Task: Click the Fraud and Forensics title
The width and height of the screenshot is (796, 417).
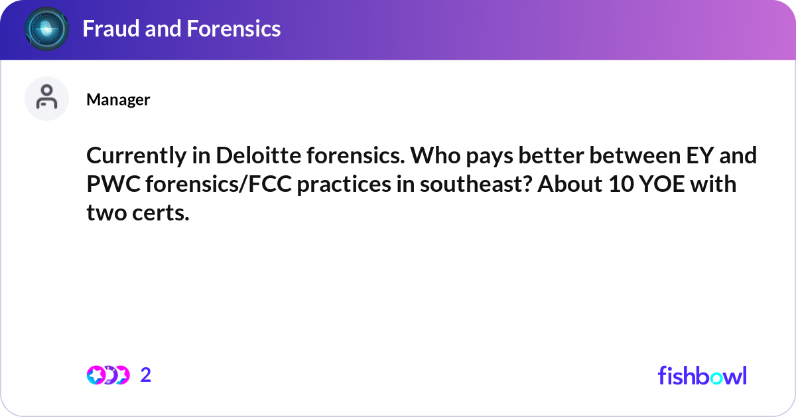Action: click(x=181, y=29)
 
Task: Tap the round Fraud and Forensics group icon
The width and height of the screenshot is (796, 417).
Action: click(x=46, y=29)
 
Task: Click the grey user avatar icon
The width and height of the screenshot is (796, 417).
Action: click(x=46, y=98)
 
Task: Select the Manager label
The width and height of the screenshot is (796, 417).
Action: click(x=118, y=100)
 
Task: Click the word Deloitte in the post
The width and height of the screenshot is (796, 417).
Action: click(x=247, y=157)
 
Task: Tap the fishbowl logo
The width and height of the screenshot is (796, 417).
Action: click(x=702, y=375)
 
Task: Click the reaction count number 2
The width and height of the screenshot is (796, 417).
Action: click(x=146, y=375)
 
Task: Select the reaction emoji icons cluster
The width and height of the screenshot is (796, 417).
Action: click(x=107, y=375)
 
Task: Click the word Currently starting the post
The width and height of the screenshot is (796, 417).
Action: click(x=135, y=157)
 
